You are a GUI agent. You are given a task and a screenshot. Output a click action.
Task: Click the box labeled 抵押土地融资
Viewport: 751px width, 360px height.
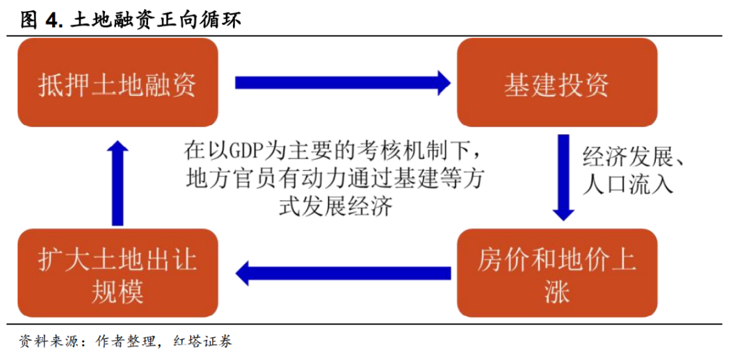pyautogui.click(x=118, y=82)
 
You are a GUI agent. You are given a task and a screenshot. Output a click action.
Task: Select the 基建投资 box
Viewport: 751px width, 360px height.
pyautogui.click(x=556, y=82)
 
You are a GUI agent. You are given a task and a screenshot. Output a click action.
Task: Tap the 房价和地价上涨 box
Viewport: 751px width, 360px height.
pyautogui.click(x=556, y=273)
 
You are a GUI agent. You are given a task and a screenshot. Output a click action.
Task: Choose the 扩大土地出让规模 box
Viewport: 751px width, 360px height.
pyautogui.click(x=118, y=273)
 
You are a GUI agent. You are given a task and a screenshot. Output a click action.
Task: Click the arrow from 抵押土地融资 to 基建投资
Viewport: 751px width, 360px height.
pyautogui.click(x=342, y=83)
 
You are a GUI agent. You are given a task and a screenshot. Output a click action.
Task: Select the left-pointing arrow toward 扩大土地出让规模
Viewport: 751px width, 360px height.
pyautogui.click(x=343, y=273)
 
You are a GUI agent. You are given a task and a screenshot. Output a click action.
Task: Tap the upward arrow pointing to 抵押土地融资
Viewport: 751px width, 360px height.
pyautogui.click(x=118, y=181)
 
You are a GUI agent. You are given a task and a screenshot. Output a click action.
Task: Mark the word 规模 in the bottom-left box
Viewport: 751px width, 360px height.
pyautogui.click(x=118, y=291)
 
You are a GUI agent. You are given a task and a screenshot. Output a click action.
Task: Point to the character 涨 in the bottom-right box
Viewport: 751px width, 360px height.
pyautogui.click(x=556, y=291)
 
